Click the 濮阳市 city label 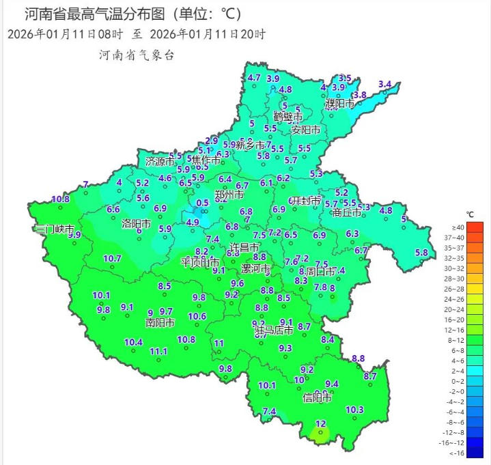339,104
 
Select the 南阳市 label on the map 160,322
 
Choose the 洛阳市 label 136,223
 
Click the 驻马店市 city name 274,330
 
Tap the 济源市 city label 160,162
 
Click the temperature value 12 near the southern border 320,424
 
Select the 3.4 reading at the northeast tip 384,85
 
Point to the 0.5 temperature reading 203,203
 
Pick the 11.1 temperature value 158,351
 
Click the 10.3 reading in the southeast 354,410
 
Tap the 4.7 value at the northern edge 254,78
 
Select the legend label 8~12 458,339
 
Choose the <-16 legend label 458,453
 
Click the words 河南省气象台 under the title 137,55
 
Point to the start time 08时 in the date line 112,34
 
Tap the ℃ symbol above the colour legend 471,214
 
